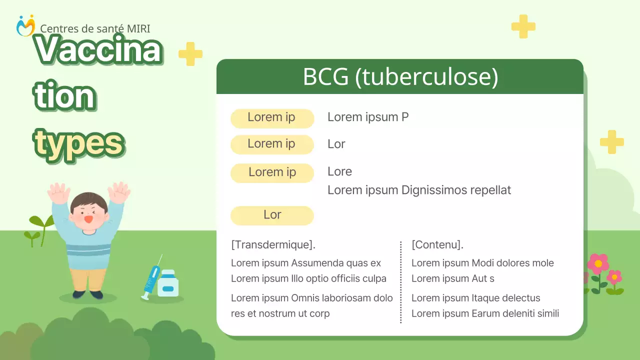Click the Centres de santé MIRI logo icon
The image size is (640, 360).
[25, 25]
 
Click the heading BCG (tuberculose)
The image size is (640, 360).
[400, 77]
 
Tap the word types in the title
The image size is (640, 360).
[79, 142]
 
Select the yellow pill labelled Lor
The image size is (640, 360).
[272, 215]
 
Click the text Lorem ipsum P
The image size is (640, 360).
[368, 117]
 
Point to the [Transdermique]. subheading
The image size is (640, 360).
[273, 245]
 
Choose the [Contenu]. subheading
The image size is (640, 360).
[437, 245]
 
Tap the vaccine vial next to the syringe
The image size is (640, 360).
[168, 283]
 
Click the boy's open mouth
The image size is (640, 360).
[88, 218]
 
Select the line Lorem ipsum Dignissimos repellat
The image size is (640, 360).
[419, 190]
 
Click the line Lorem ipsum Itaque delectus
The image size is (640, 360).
[475, 298]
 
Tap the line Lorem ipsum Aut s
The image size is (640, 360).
[452, 278]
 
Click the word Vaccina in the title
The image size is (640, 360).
[98, 50]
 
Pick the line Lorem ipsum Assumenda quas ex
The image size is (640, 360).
[306, 263]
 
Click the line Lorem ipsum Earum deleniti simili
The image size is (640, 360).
[485, 313]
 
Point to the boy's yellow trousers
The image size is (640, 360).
[88, 279]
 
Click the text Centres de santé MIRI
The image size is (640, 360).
[95, 29]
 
